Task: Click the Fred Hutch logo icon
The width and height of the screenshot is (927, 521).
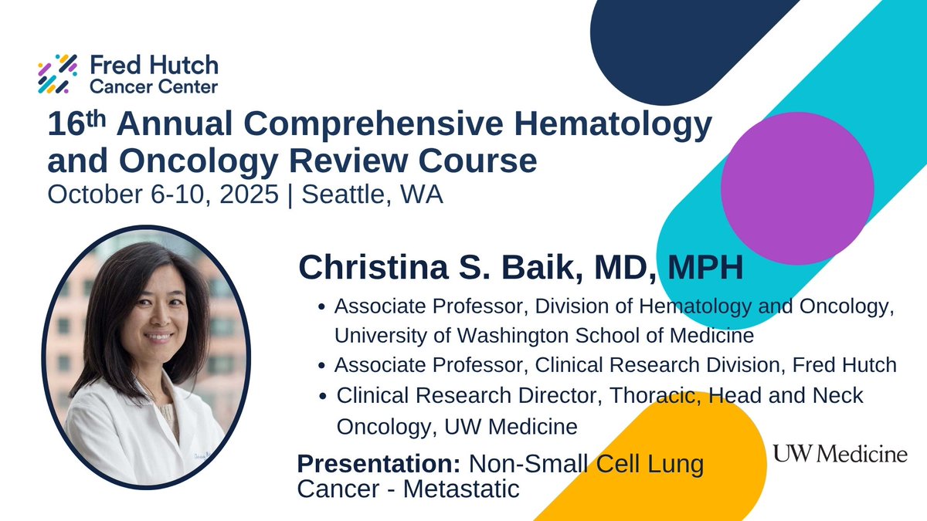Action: [x=57, y=73]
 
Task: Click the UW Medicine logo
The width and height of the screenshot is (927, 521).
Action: [x=840, y=454]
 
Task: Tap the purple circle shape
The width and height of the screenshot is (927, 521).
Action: [x=797, y=188]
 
